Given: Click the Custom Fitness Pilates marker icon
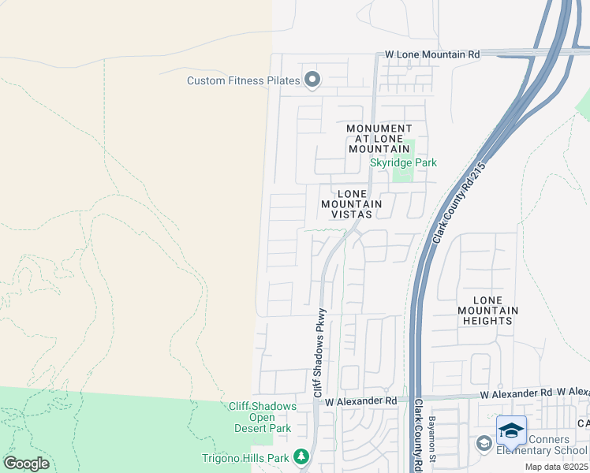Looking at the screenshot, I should [312, 80].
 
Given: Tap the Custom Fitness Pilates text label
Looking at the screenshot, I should [243, 80].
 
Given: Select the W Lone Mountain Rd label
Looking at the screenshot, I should [432, 54].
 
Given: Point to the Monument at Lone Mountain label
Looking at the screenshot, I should [379, 138].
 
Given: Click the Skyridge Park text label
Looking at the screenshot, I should [403, 162].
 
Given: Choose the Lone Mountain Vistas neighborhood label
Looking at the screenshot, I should [352, 203].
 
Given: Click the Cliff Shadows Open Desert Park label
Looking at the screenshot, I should [263, 417].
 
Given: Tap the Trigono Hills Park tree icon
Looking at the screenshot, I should [301, 456].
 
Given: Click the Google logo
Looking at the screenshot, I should [26, 463].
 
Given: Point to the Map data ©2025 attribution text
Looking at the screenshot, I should [557, 467].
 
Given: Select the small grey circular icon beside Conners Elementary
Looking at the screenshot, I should [484, 444].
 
